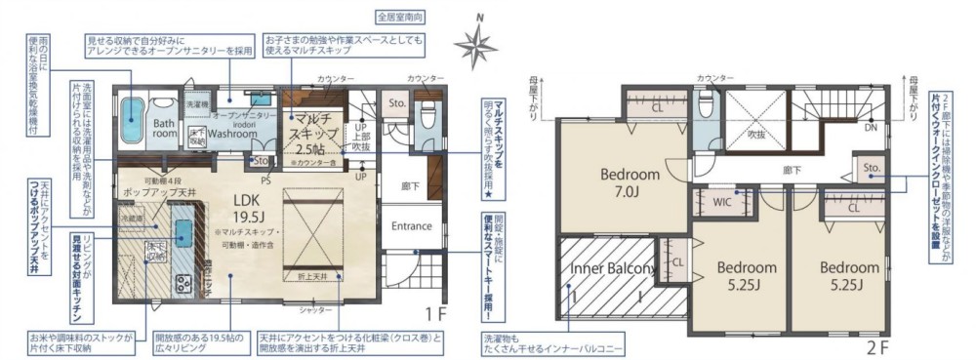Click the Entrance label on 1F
click(x=411, y=225)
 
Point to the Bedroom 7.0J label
click(x=630, y=181)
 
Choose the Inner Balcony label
click(x=612, y=269)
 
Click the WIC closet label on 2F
click(x=722, y=204)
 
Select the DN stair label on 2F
click(x=869, y=126)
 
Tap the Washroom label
click(x=232, y=134)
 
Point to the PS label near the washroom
click(x=265, y=180)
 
